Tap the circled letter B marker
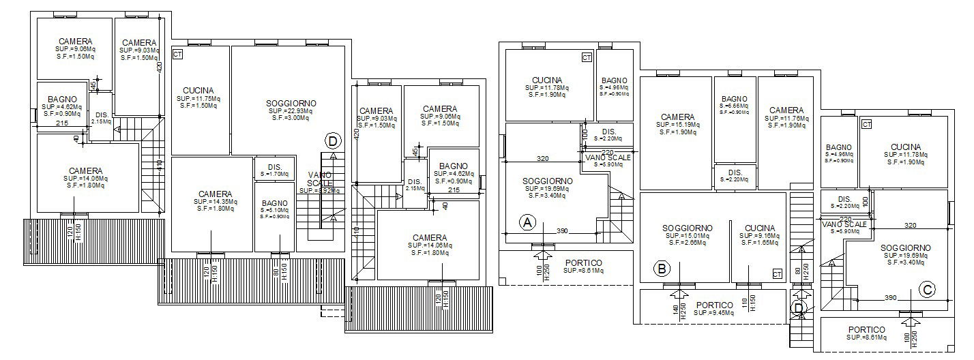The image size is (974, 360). click(660, 268)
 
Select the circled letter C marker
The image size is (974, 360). click(926, 289)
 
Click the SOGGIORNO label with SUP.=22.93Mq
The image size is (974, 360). click(291, 104)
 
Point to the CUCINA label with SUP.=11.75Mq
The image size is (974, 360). click(198, 90)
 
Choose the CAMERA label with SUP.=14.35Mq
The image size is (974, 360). click(215, 194)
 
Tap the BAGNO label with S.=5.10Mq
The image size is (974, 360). click(275, 202)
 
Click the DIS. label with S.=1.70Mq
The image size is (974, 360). click(275, 167)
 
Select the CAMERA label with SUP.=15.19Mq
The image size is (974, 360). click(677, 117)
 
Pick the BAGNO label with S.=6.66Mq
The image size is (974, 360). click(735, 99)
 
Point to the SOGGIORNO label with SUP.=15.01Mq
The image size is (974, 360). click(687, 228)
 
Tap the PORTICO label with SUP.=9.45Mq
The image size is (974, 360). click(715, 305)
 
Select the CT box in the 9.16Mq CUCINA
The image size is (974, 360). click(776, 273)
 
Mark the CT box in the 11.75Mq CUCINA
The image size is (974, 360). click(178, 53)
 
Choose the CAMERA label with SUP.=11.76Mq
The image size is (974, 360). click(786, 110)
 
